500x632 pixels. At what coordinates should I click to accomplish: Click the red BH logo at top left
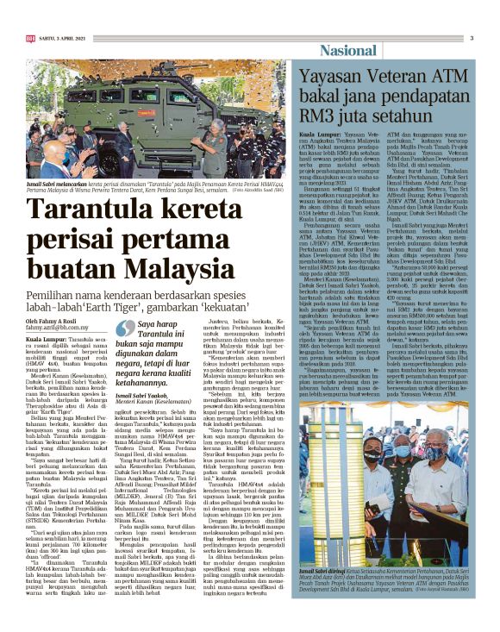point(31,38)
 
